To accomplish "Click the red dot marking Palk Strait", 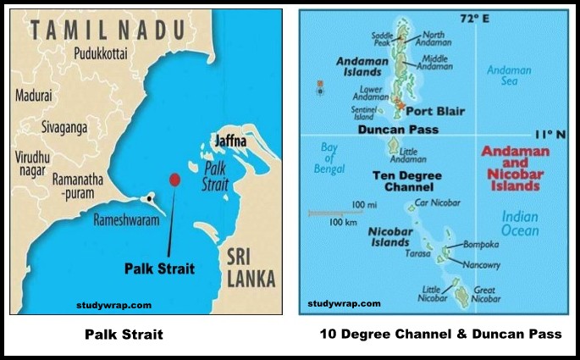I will (174, 180).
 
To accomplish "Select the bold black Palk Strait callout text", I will (159, 269).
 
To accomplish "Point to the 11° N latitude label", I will (548, 134).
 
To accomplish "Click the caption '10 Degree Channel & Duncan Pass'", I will (440, 335).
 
